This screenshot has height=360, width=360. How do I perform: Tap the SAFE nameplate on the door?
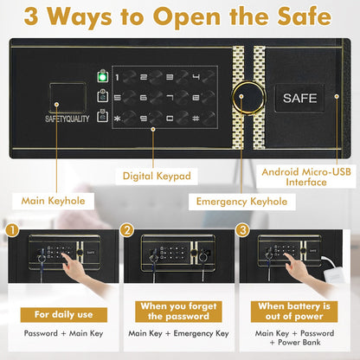tap(299, 98)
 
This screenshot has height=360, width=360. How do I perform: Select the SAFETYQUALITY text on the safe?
tap(67, 119)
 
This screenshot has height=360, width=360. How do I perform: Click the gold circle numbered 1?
tap(12, 231)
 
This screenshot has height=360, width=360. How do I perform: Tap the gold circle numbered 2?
tap(128, 231)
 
